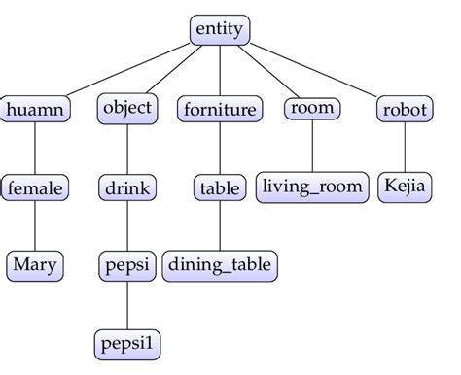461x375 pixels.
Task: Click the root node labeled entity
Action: [x=220, y=31]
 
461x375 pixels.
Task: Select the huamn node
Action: [x=35, y=109]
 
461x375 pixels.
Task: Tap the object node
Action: [x=127, y=108]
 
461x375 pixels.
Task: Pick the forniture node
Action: [x=220, y=109]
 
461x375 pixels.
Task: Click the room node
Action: [x=312, y=108]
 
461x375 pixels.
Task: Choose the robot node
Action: [x=404, y=109]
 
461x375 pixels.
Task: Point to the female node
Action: [x=35, y=187]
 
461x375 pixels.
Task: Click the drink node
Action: [x=127, y=187]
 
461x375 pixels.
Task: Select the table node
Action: [x=220, y=187]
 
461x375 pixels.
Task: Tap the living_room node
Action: [x=312, y=187]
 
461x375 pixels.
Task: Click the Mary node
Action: [x=35, y=264]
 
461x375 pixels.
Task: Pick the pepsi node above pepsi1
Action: [x=127, y=264]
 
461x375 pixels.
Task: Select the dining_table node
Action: [x=220, y=264]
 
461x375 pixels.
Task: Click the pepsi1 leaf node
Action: [x=127, y=343]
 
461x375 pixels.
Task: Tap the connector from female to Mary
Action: [x=35, y=225]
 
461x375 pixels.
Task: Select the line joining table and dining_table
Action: [x=220, y=225]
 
